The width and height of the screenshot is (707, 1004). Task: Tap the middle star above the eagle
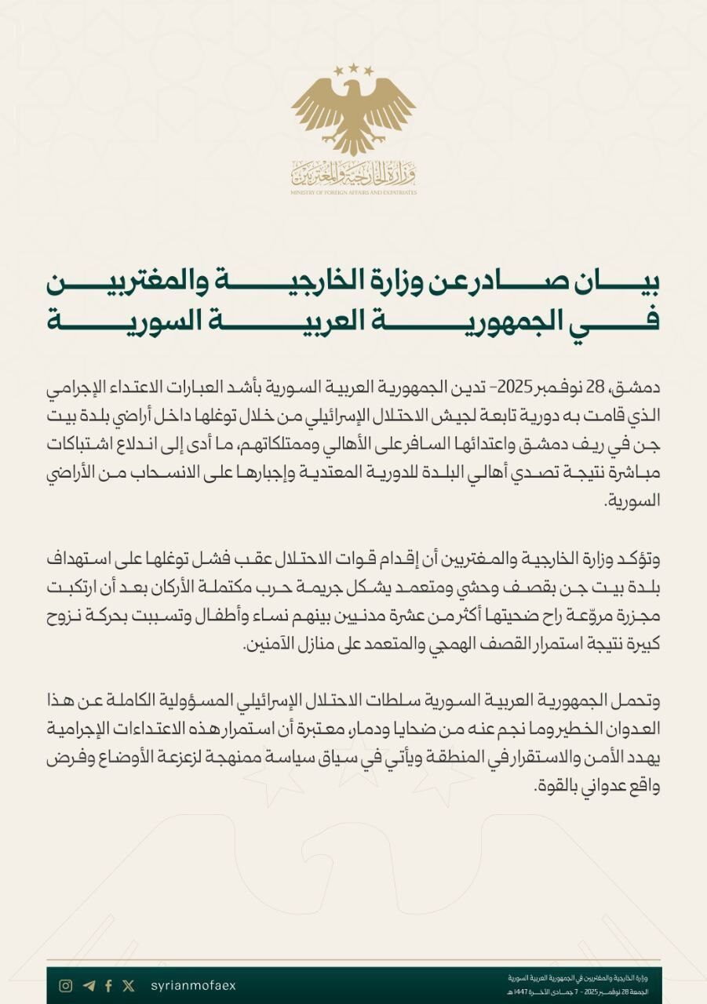click(x=353, y=68)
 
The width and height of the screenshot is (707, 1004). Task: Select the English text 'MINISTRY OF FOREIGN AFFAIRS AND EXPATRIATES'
click(x=353, y=191)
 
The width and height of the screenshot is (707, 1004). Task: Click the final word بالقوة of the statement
click(x=625, y=787)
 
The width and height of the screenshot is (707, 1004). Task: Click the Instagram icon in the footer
click(x=67, y=986)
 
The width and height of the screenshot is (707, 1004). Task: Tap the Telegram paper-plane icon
click(x=88, y=986)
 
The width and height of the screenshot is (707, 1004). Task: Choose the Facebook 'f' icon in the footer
click(x=108, y=986)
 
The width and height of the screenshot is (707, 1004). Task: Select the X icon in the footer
click(x=129, y=986)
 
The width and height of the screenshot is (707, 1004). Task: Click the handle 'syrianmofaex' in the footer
click(x=192, y=986)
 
